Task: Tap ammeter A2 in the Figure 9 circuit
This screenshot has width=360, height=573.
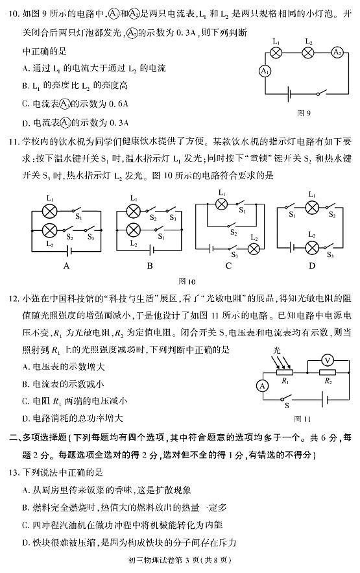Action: click(x=337, y=53)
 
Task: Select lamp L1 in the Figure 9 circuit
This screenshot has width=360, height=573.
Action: click(x=277, y=53)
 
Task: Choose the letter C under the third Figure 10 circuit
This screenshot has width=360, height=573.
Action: click(x=229, y=265)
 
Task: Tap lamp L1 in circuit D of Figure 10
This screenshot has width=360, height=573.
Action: click(x=312, y=206)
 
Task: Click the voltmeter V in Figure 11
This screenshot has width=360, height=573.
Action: click(x=328, y=358)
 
